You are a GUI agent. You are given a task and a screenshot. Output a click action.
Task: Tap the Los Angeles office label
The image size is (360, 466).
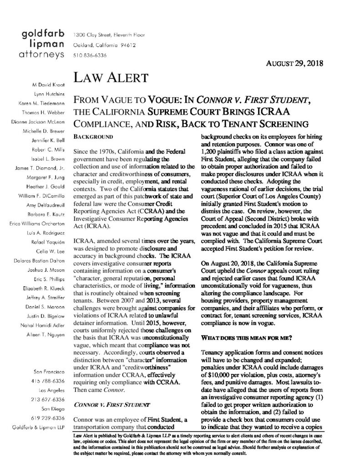point(55,379)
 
